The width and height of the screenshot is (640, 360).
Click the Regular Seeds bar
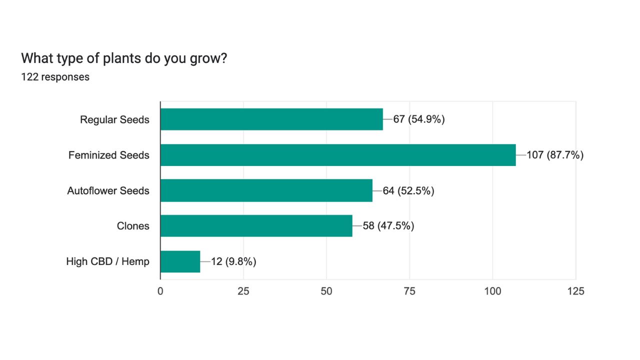[271, 119]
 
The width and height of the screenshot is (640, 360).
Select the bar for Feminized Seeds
[338, 155]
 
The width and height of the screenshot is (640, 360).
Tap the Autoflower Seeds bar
[266, 190]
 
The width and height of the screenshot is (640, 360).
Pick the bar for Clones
[256, 226]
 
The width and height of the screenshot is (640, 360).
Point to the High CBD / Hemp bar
[180, 261]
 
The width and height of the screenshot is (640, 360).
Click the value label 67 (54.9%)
[419, 119]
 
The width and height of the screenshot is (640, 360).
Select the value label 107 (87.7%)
[555, 155]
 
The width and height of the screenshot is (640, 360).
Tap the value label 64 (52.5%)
[408, 190]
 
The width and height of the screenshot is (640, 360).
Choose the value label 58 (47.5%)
[388, 226]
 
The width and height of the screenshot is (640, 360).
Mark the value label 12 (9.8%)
[233, 261]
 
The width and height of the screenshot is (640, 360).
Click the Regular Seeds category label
[114, 120]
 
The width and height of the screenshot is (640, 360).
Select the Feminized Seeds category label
[109, 155]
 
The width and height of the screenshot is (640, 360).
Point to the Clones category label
[133, 226]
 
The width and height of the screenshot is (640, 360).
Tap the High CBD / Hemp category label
[107, 261]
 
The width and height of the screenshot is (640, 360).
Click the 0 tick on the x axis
[160, 291]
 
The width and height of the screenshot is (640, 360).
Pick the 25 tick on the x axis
[243, 291]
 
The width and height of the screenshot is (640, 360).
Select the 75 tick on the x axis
[409, 291]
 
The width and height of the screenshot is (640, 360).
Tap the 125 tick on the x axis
[575, 291]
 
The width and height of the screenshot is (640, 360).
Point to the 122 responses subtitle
[55, 77]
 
